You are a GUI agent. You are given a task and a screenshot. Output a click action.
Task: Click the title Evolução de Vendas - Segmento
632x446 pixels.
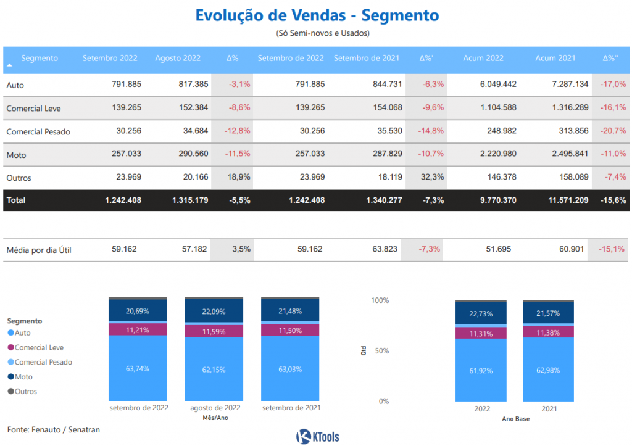[x=317, y=15]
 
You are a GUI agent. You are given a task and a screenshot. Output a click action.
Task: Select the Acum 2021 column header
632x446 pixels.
[x=555, y=58]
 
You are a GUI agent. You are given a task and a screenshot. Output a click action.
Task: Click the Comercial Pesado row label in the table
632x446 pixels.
[x=38, y=131]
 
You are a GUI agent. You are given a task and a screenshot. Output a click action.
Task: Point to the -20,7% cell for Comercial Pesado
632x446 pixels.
[x=613, y=131]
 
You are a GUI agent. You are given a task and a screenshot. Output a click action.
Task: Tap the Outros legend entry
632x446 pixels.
[x=25, y=392]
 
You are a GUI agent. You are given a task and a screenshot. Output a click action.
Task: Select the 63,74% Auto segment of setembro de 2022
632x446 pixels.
[x=138, y=368]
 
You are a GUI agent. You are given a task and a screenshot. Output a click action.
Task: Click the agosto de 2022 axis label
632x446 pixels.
[x=214, y=408]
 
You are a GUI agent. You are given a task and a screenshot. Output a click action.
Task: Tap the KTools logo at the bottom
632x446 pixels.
[x=317, y=437]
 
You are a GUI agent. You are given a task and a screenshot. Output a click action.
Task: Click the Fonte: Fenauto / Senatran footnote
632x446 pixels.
[x=53, y=429]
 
